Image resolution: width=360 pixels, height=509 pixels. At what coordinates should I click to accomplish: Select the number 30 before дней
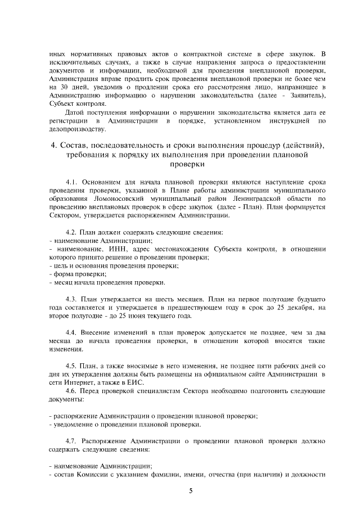pyautogui.click(x=64, y=88)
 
